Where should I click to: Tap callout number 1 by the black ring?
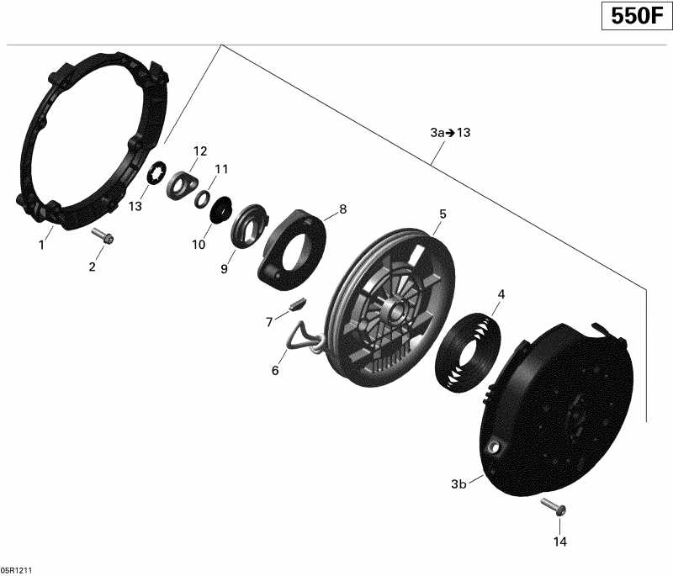tap(40, 245)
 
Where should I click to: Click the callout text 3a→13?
tap(450, 134)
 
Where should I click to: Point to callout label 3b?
tap(458, 484)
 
